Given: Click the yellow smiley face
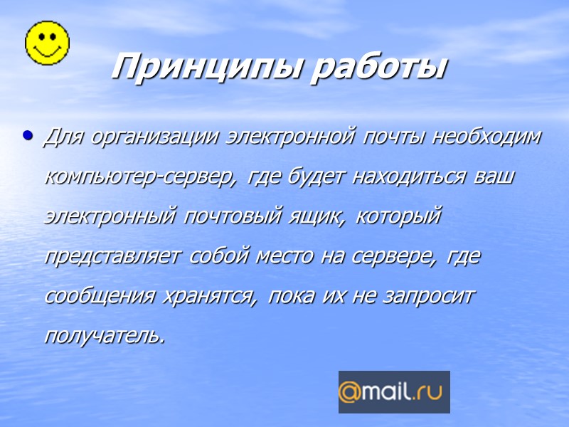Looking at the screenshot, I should point(48,42).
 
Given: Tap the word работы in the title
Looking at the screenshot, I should point(381,68).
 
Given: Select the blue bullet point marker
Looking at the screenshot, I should point(28,133).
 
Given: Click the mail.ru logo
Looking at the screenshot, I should point(394,392).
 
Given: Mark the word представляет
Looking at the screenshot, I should point(114,256).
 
